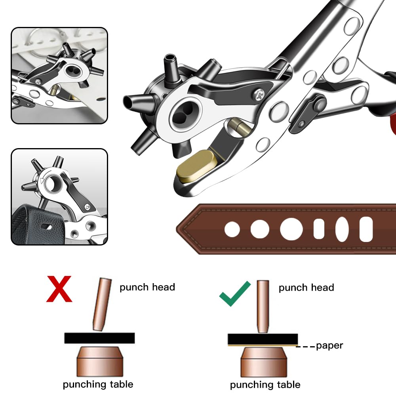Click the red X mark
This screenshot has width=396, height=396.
59,289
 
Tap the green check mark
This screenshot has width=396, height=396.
235,294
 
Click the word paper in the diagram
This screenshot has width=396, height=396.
329,346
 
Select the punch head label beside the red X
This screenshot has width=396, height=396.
147,287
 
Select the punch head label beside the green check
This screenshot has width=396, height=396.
306,287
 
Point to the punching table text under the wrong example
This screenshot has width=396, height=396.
98,384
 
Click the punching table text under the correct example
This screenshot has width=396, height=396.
265,385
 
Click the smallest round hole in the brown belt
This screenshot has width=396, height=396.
232,229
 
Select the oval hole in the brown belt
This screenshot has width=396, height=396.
342,229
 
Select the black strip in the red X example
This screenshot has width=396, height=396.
99,338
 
